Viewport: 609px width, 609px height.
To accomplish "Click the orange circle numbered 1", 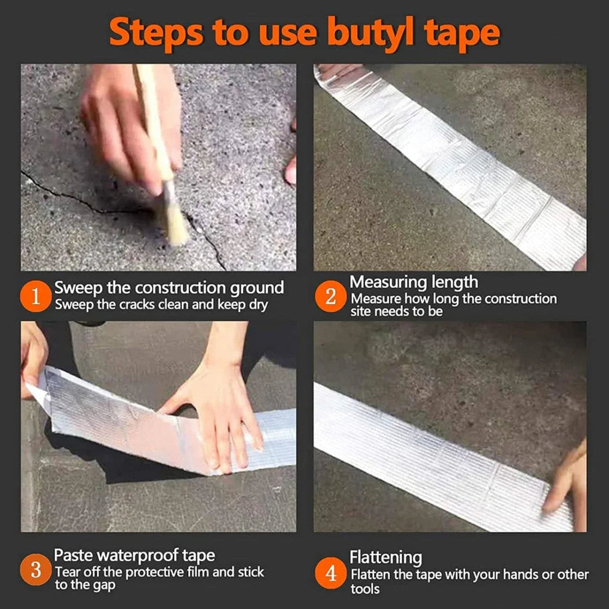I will [x=36, y=298].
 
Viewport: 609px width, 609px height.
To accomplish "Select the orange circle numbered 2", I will [x=331, y=298].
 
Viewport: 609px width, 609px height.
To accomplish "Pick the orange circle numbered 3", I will [x=36, y=570].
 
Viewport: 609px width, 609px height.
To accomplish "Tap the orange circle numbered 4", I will [x=331, y=575].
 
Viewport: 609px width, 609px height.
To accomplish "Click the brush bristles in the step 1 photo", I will [x=172, y=218].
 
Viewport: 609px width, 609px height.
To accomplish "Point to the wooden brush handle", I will [x=154, y=123].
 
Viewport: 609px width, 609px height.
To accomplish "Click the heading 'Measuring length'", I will [x=413, y=282].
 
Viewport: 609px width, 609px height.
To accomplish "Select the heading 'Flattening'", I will [x=386, y=558].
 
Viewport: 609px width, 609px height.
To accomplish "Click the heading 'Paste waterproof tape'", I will [x=135, y=555].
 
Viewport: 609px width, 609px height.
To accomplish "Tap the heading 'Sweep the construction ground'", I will [x=169, y=287].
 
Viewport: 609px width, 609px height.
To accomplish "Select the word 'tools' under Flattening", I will [x=365, y=589].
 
